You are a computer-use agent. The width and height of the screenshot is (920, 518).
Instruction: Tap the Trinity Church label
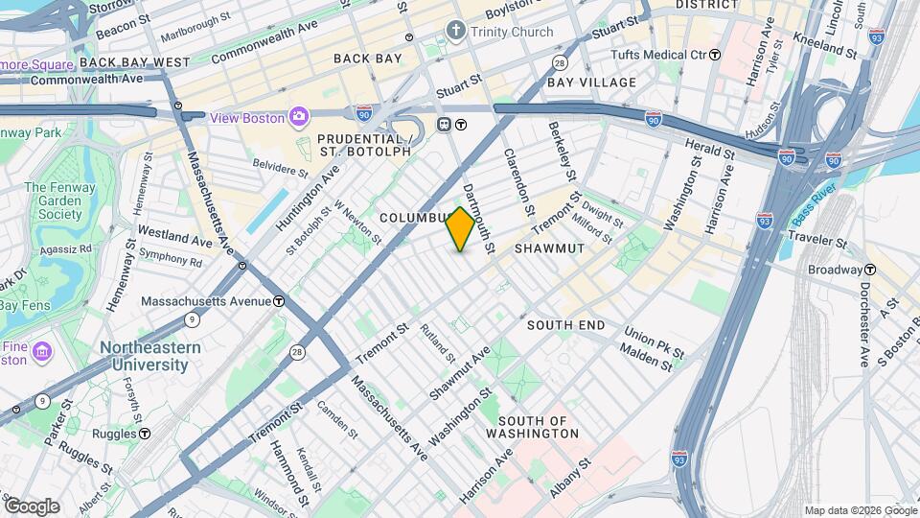coord(512,32)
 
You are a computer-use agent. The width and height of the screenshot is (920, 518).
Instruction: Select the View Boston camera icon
coord(299,117)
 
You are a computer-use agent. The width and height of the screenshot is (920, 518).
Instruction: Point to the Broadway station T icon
coord(871,270)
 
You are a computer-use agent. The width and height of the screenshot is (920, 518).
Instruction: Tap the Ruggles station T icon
coord(144,433)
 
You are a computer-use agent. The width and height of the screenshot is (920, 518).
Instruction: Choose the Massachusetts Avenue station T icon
coord(278,300)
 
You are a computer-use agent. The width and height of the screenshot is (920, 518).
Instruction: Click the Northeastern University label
coord(149,356)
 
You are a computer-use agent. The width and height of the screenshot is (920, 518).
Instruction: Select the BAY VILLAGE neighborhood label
coord(591,82)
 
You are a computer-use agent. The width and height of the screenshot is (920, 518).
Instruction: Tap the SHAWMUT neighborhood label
coord(549,248)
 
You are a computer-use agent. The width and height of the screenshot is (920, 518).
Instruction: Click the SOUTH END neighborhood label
coord(566,325)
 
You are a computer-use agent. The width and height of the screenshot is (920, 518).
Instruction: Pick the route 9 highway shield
coord(193,318)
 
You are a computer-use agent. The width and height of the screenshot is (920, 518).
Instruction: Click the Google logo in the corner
coord(32,506)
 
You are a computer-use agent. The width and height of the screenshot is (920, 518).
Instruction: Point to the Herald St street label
coord(709,150)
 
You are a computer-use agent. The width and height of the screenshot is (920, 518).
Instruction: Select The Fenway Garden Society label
coord(54,201)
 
